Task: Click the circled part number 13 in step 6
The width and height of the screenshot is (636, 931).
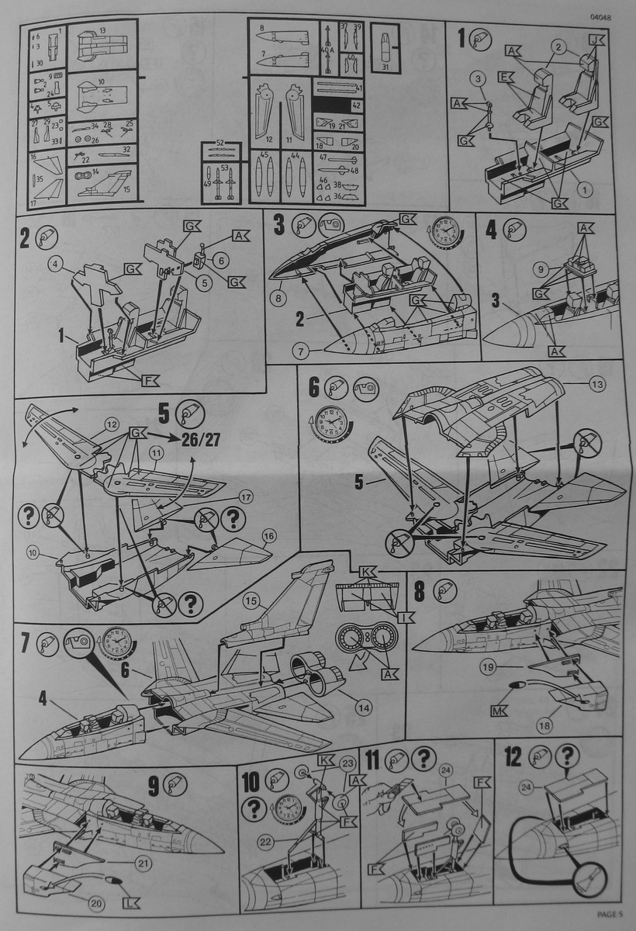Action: [x=575, y=384]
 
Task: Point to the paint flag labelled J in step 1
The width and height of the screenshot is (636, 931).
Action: [x=595, y=40]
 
